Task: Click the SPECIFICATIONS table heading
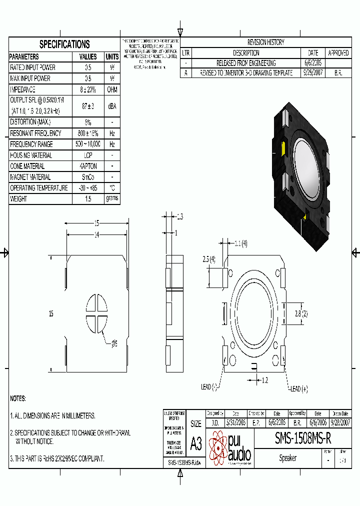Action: [x=64, y=44]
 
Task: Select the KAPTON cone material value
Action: [x=88, y=166]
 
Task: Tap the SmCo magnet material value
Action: [x=88, y=177]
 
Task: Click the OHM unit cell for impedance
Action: [x=112, y=89]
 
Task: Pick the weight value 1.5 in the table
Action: [x=88, y=199]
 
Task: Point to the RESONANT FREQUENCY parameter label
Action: [x=35, y=133]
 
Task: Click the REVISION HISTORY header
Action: [x=265, y=42]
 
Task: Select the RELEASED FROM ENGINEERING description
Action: [x=246, y=63]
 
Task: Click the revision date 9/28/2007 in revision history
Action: [x=313, y=73]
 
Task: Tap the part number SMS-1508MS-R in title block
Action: [x=302, y=438]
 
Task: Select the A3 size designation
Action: [x=196, y=443]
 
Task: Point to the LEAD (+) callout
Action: [x=298, y=389]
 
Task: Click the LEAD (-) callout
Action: [x=209, y=386]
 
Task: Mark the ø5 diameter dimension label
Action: [x=113, y=343]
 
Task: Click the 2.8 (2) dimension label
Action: [x=300, y=313]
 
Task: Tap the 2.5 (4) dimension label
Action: [x=209, y=259]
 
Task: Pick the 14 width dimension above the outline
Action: [x=97, y=234]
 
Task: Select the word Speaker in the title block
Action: [x=287, y=458]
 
